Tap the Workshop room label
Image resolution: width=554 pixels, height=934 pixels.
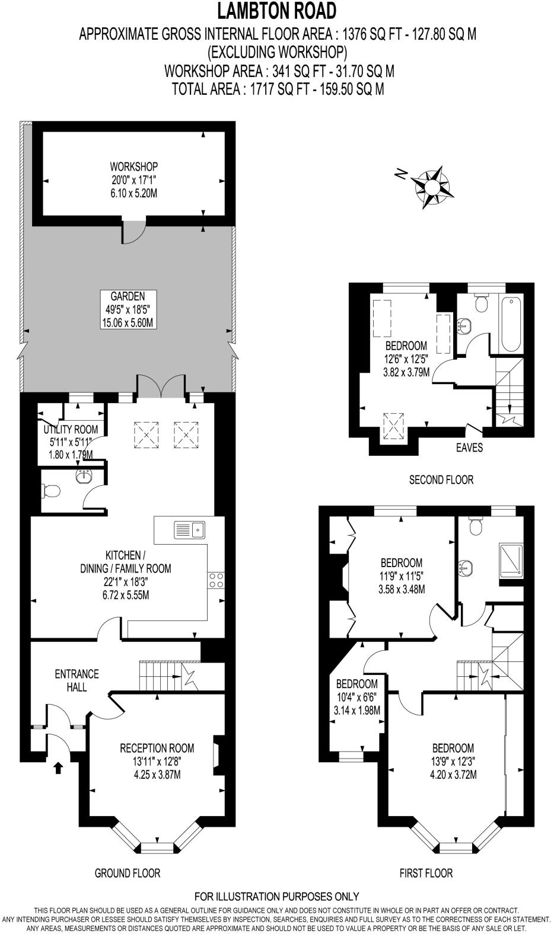point(133,180)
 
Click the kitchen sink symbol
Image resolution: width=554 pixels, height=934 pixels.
point(189,529)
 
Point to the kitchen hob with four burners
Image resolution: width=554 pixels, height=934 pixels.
point(216,580)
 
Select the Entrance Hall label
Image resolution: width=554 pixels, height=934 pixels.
point(77,680)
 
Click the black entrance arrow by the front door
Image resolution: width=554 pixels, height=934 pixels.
point(58,768)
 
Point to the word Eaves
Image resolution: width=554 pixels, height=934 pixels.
point(470,447)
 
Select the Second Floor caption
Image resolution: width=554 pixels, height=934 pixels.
point(441,479)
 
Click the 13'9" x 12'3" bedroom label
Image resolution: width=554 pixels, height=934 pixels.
point(453,761)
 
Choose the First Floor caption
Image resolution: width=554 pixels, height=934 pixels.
point(426,873)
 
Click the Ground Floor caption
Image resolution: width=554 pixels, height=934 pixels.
point(128,873)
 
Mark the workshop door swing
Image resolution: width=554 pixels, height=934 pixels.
point(134,233)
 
